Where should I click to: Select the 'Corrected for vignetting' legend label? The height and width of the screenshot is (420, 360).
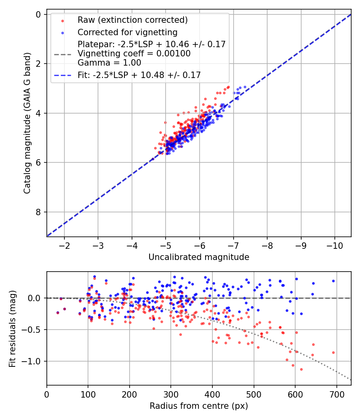(x=128, y=32)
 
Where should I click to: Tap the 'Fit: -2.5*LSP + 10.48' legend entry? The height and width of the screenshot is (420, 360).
(x=139, y=75)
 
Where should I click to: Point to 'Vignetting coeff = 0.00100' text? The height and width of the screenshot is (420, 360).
(x=134, y=54)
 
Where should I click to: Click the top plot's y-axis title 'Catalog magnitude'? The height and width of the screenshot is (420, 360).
(x=27, y=123)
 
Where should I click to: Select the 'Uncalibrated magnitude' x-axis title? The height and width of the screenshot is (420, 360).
(x=199, y=257)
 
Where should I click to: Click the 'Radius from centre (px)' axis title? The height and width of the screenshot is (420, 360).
(x=199, y=406)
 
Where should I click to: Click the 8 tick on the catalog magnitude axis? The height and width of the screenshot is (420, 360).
(x=38, y=212)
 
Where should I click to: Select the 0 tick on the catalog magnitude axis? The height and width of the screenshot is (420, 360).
(x=38, y=14)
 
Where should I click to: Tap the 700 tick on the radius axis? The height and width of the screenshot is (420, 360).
(x=336, y=394)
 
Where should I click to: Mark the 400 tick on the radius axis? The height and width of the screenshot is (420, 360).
(x=212, y=394)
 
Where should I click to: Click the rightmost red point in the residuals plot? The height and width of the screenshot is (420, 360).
(x=333, y=352)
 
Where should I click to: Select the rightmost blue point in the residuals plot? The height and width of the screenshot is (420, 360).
(x=333, y=281)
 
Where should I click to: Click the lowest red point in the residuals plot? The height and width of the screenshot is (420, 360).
(x=301, y=369)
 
